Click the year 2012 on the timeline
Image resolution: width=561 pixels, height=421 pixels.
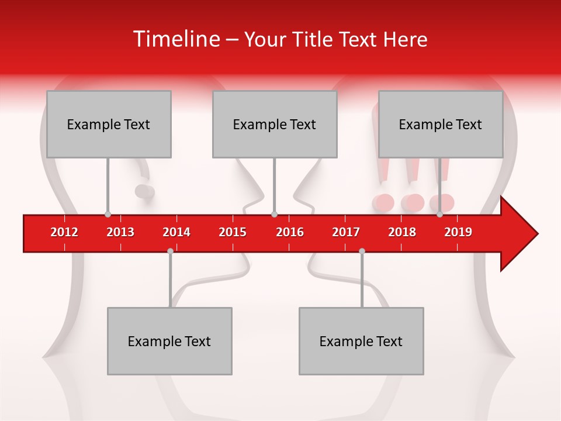pyautogui.click(x=64, y=232)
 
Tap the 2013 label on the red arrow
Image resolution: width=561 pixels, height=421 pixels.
pyautogui.click(x=120, y=232)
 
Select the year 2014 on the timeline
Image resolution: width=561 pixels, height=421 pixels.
pyautogui.click(x=176, y=232)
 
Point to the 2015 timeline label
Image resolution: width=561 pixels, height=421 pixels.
pyautogui.click(x=233, y=232)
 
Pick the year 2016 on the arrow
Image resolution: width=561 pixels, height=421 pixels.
pyautogui.click(x=290, y=232)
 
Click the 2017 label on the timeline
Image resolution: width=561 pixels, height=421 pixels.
pyautogui.click(x=346, y=232)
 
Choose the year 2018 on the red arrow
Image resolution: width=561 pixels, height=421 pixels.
pyautogui.click(x=402, y=232)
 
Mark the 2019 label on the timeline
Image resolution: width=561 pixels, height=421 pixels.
pyautogui.click(x=458, y=232)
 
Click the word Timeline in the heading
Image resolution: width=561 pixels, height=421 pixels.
pyautogui.click(x=175, y=39)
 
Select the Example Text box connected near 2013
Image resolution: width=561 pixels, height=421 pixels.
pyautogui.click(x=109, y=124)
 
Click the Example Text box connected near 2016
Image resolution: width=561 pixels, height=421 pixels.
pyautogui.click(x=275, y=124)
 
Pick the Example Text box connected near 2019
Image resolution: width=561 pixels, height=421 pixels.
pyautogui.click(x=441, y=124)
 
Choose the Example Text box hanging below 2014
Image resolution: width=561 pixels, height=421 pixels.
pyautogui.click(x=169, y=341)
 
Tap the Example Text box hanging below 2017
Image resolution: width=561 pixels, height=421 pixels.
pyautogui.click(x=361, y=341)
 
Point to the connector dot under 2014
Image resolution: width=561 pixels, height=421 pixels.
pyautogui.click(x=170, y=251)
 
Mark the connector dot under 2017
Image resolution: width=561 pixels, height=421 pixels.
pyautogui.click(x=362, y=251)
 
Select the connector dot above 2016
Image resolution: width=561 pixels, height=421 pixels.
pyautogui.click(x=274, y=215)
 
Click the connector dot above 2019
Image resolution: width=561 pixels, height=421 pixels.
pyautogui.click(x=439, y=215)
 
